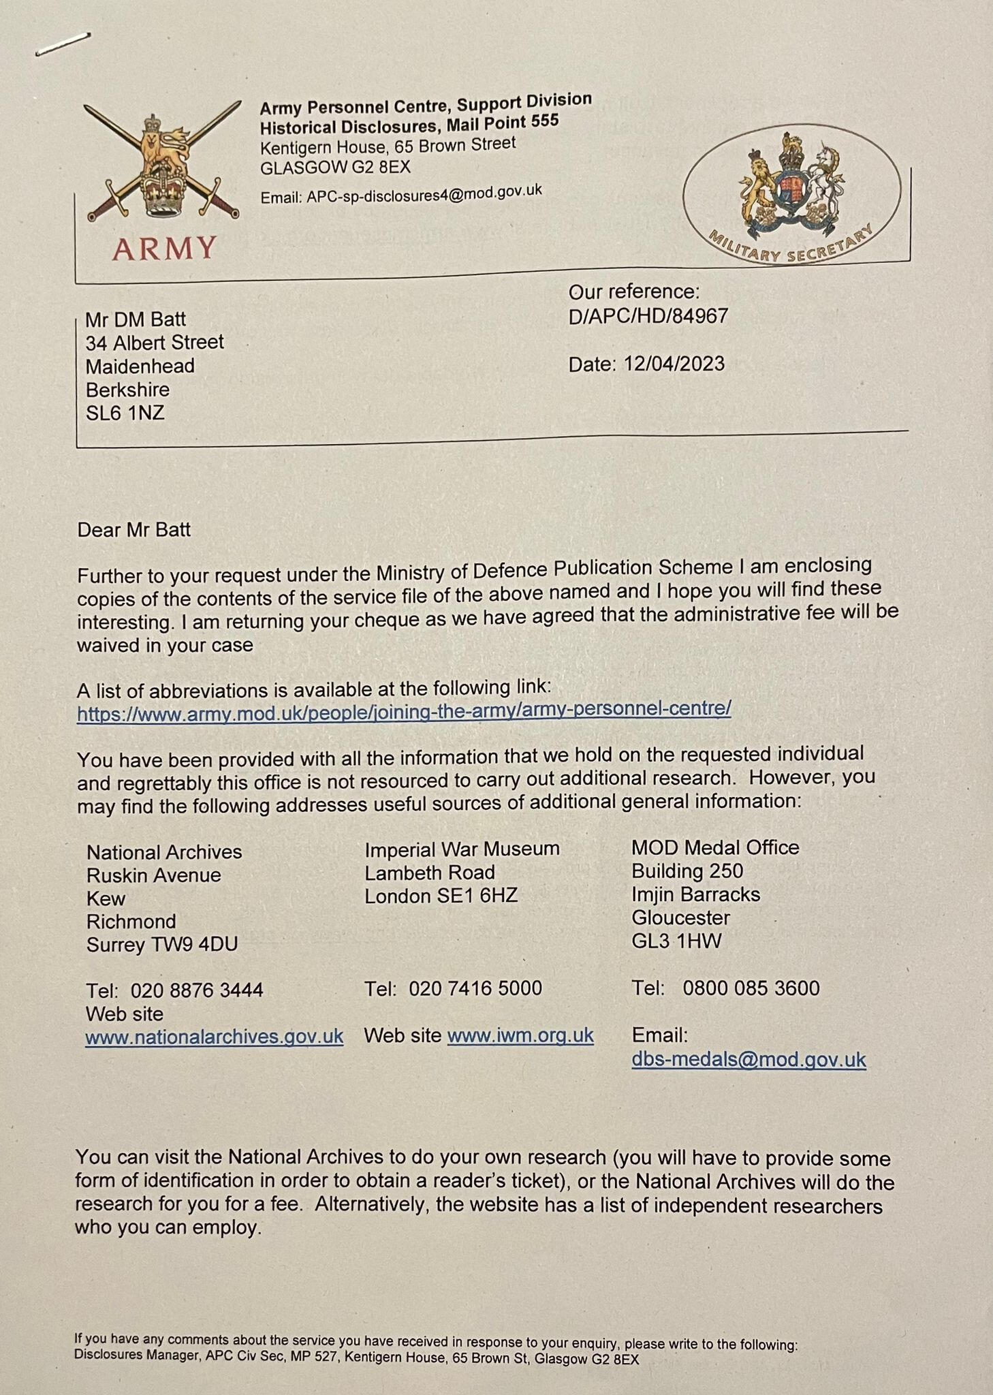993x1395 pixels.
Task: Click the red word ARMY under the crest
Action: point(164,249)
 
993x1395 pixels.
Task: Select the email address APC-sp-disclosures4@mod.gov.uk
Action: point(424,193)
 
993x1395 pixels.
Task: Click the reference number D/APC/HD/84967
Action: point(648,316)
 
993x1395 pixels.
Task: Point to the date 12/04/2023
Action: point(674,364)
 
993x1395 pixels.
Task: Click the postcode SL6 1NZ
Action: point(125,413)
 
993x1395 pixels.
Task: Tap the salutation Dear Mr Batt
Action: point(134,529)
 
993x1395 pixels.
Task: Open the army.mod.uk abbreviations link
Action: point(404,710)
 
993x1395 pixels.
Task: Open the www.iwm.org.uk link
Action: point(520,1035)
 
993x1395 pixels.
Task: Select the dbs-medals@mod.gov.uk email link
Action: point(748,1059)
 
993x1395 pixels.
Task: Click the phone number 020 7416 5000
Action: point(475,988)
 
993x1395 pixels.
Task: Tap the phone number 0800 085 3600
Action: point(751,988)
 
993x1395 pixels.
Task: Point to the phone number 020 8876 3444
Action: point(197,989)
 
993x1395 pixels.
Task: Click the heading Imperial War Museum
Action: point(462,849)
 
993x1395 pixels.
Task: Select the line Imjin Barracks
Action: point(695,894)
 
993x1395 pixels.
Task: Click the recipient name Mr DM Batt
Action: point(136,319)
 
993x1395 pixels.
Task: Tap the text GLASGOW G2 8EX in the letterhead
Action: point(335,168)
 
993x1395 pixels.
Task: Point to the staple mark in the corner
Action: point(63,44)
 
